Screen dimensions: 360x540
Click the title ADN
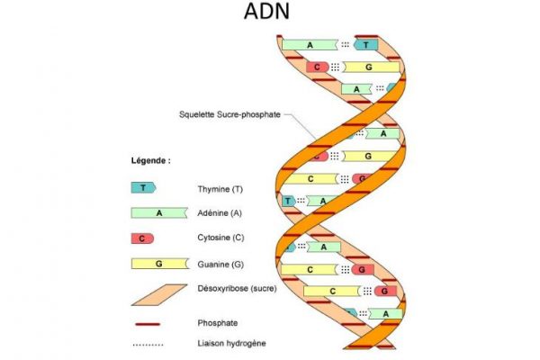[x=270, y=13]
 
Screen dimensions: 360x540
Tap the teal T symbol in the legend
[x=143, y=188]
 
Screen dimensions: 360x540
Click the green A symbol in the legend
[x=158, y=213]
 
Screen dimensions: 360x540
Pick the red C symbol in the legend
[x=142, y=238]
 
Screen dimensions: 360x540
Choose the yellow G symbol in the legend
[x=157, y=264]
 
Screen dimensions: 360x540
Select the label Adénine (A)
[x=220, y=214]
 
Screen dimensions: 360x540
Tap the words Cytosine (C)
[x=221, y=239]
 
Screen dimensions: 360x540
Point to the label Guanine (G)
[x=220, y=265]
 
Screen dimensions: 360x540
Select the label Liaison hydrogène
[x=230, y=343]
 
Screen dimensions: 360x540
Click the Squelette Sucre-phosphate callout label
[x=229, y=115]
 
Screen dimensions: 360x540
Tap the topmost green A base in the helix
[x=310, y=44]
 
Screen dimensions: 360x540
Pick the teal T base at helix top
[x=367, y=44]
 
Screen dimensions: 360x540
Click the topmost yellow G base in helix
[x=370, y=67]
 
